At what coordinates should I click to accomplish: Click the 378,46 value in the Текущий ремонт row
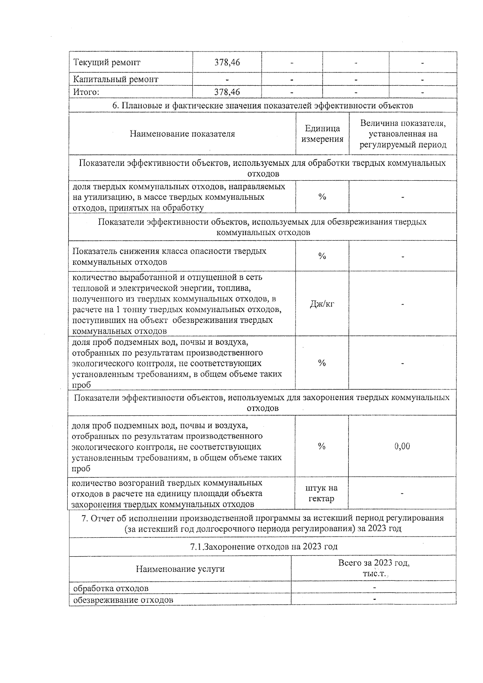(x=227, y=63)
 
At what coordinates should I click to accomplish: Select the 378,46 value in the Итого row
(x=227, y=92)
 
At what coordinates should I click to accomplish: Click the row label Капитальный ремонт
(x=116, y=79)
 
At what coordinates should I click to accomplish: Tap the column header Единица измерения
(x=322, y=134)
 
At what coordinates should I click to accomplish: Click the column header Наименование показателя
(x=182, y=134)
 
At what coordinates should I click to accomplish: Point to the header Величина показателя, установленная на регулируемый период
(x=403, y=134)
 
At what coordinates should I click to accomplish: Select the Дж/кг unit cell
(x=322, y=304)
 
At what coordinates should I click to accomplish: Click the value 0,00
(x=402, y=446)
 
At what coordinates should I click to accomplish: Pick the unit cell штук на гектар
(x=322, y=493)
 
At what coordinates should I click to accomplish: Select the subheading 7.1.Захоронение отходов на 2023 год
(x=263, y=547)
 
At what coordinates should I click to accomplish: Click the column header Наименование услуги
(x=180, y=569)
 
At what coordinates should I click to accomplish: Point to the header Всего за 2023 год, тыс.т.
(x=374, y=568)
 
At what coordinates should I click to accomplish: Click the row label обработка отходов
(x=111, y=588)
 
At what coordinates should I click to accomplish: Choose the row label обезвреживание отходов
(x=123, y=600)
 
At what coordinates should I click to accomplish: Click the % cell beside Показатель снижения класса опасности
(x=322, y=256)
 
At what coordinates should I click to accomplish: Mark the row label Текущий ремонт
(x=107, y=63)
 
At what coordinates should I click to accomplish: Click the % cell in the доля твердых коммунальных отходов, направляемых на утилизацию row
(x=322, y=197)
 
